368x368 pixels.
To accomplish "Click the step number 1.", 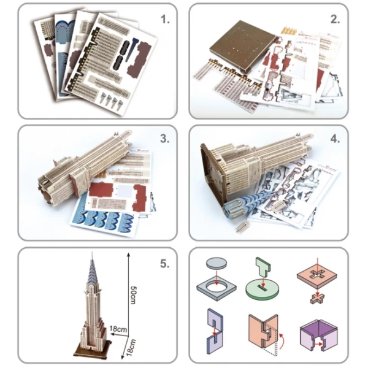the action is tap(165, 19).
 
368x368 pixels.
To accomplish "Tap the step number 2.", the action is tap(335, 19).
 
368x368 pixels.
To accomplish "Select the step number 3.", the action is tap(165, 139).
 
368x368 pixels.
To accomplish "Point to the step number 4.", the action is tap(335, 139).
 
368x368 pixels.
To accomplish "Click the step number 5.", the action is tap(165, 264).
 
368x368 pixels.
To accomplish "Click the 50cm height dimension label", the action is tap(133, 295).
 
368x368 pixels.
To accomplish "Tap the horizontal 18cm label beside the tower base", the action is tap(118, 329).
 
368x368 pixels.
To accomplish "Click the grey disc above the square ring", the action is tap(217, 263).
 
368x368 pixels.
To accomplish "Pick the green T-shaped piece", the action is tap(263, 267).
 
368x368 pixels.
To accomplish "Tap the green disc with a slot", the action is tap(263, 289).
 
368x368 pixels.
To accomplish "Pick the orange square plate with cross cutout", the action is tap(317, 277).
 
